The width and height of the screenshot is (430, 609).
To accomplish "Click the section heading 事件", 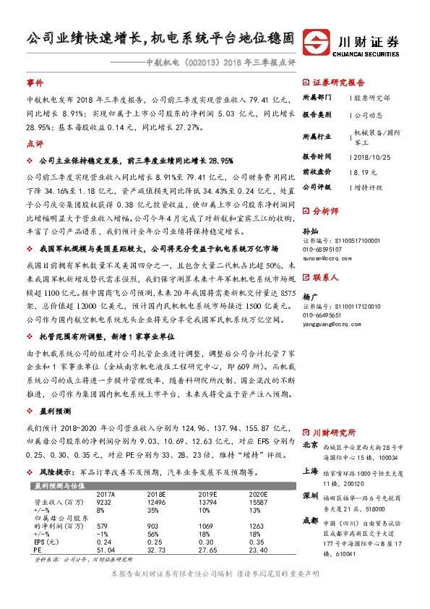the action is pyautogui.click(x=34, y=83).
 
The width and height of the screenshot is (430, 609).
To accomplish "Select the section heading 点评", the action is pyautogui.click(x=34, y=143).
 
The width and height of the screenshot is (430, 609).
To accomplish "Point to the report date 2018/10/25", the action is pyautogui.click(x=370, y=156).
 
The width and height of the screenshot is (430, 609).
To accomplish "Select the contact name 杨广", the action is pyautogui.click(x=309, y=297).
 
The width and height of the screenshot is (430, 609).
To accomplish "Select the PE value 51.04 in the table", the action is pyautogui.click(x=105, y=550).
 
